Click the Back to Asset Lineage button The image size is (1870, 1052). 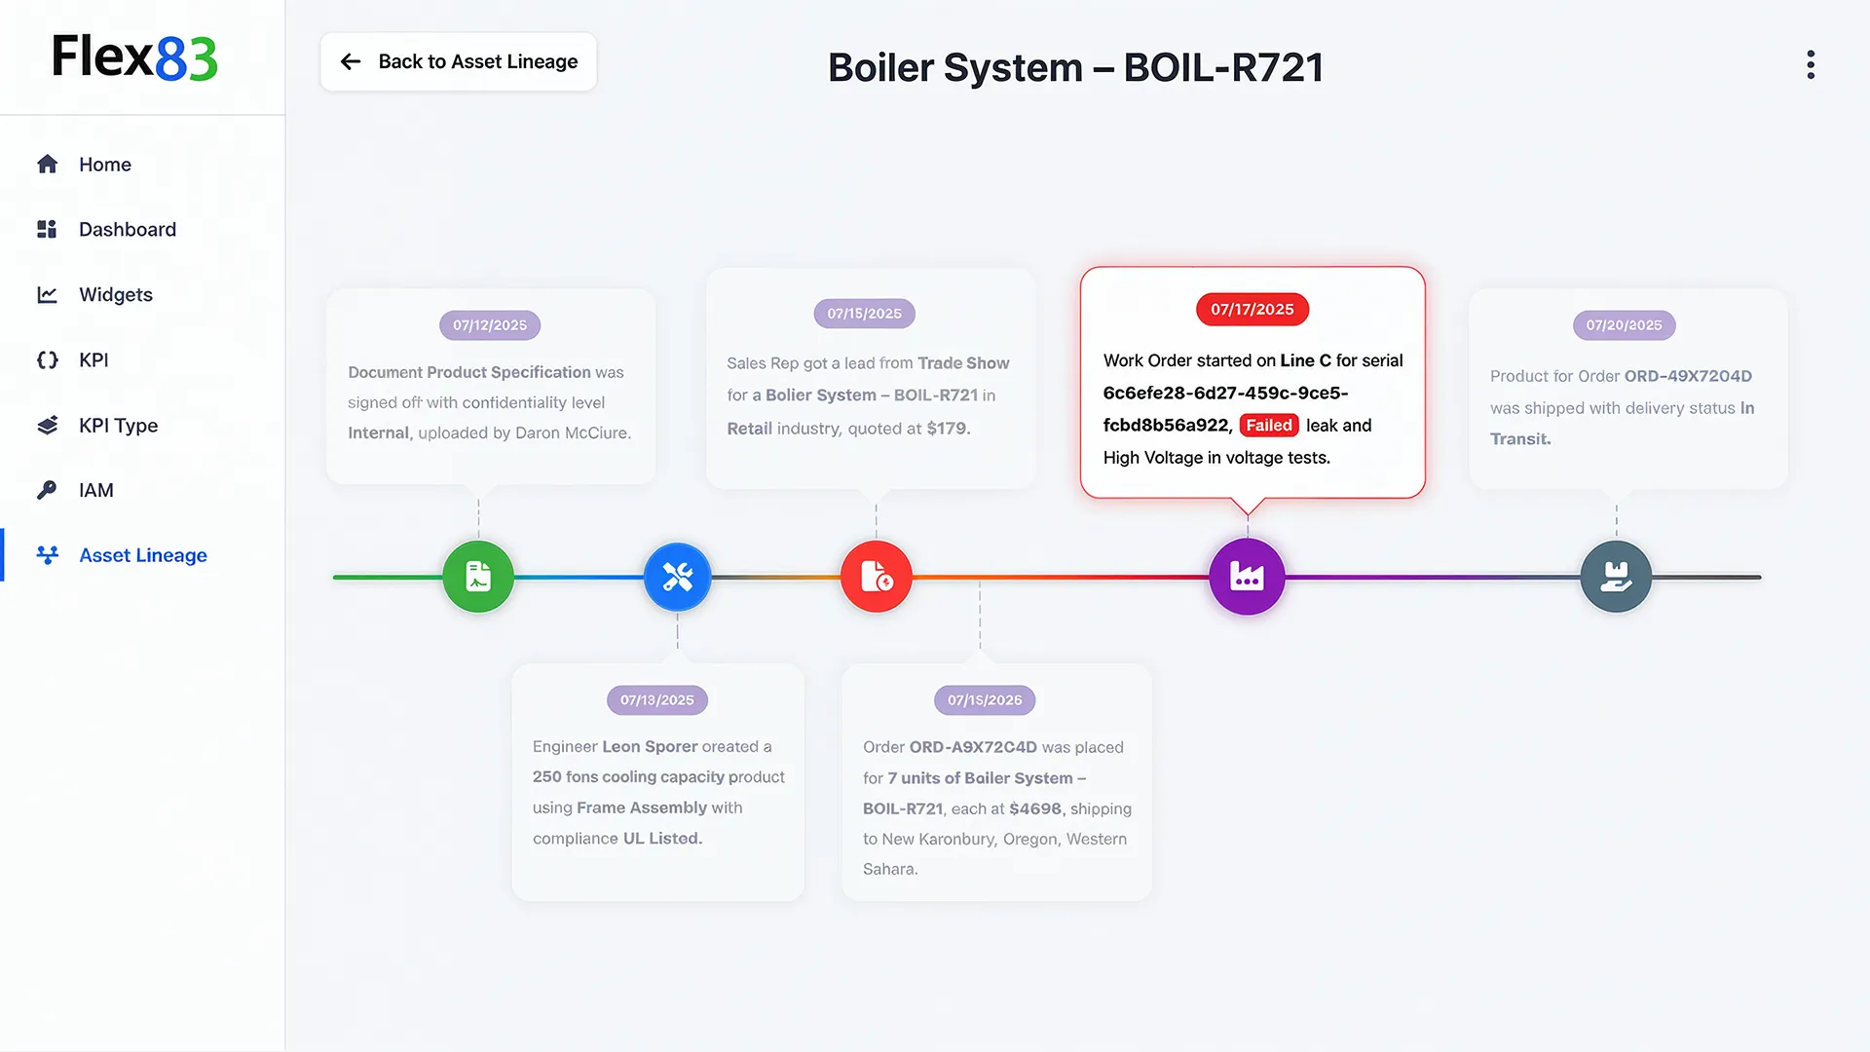coord(459,62)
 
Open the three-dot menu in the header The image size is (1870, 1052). coord(1811,65)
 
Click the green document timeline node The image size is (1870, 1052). coord(478,577)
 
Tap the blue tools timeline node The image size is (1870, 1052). coord(678,577)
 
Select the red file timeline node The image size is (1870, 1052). coord(877,577)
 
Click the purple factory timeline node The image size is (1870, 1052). coord(1247,577)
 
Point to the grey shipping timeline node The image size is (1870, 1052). coord(1616,577)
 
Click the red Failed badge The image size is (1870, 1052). coord(1269,426)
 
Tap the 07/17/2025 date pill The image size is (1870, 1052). coord(1253,310)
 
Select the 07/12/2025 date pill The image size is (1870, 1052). coord(490,325)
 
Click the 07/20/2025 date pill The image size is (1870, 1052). coord(1624,325)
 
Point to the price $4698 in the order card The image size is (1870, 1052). coord(1035,808)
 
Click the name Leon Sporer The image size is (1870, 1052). coord(650,747)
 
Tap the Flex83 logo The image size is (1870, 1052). coord(134,57)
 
